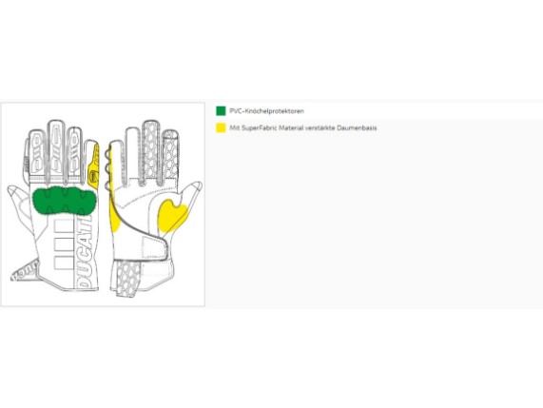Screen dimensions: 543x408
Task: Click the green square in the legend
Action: point(221,111)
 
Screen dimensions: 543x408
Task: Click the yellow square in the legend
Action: point(221,127)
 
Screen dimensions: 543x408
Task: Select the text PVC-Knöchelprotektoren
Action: point(266,111)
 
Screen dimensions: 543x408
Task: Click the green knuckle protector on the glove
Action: point(64,201)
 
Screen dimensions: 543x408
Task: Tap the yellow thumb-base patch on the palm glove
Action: point(172,216)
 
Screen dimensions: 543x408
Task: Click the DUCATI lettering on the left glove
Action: point(85,252)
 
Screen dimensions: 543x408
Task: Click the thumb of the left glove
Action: point(20,204)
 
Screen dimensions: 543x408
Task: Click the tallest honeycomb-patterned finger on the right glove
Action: point(151,151)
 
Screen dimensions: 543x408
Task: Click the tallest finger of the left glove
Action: point(56,151)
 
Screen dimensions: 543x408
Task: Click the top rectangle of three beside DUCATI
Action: point(64,224)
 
